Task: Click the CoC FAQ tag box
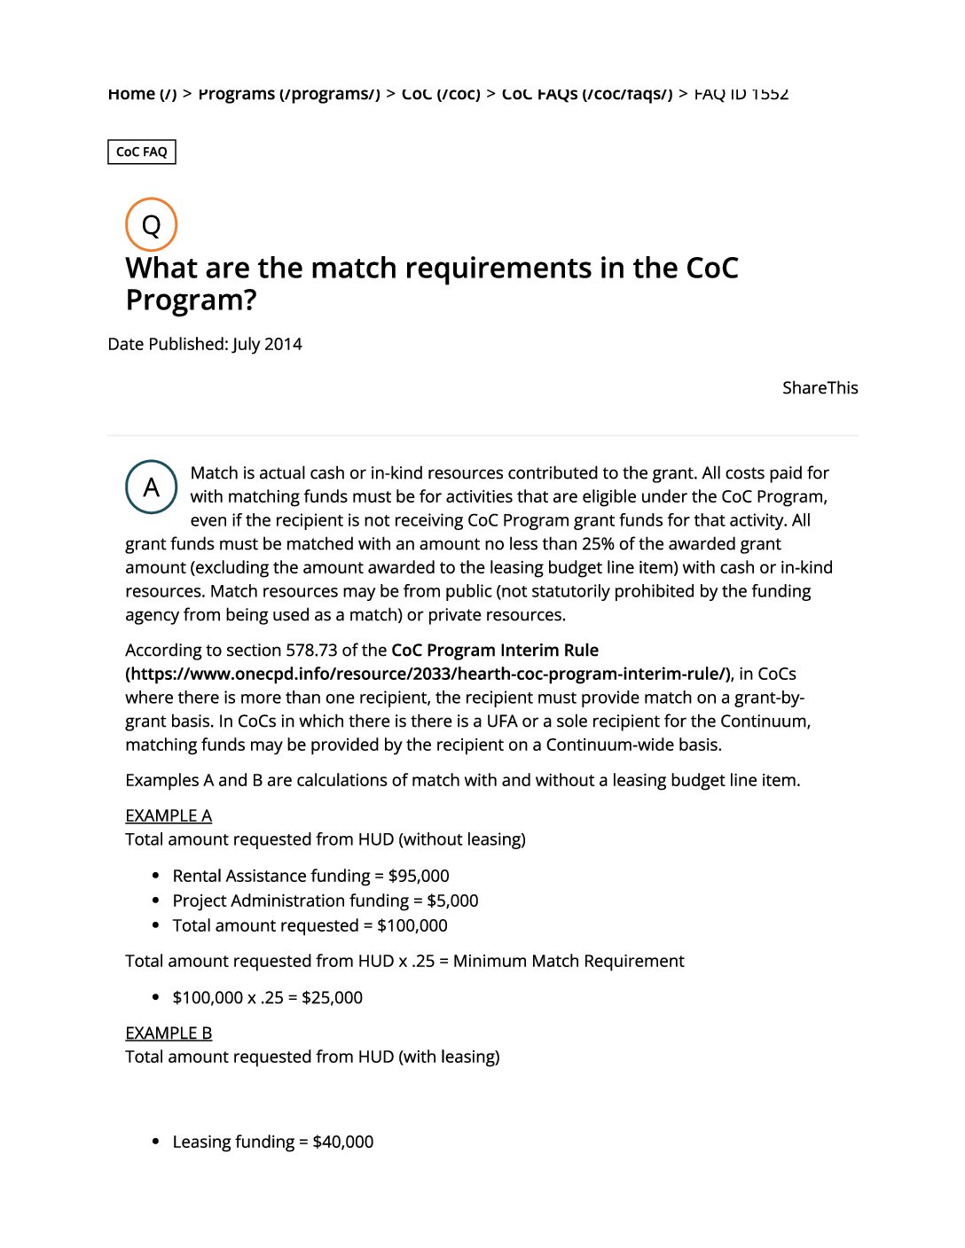pyautogui.click(x=142, y=152)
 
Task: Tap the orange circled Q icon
pyautogui.click(x=152, y=224)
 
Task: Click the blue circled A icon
pyautogui.click(x=152, y=487)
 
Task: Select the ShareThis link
pyautogui.click(x=820, y=387)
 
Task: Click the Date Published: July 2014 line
pyautogui.click(x=205, y=344)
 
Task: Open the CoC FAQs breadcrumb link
pyautogui.click(x=586, y=94)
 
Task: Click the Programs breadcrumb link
pyautogui.click(x=288, y=94)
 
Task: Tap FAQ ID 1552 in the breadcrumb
pyautogui.click(x=741, y=94)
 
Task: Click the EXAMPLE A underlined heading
pyautogui.click(x=169, y=815)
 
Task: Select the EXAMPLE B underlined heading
pyautogui.click(x=169, y=1033)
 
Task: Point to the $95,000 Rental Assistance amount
pyautogui.click(x=419, y=876)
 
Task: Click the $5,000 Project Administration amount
pyautogui.click(x=452, y=901)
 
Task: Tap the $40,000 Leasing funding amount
pyautogui.click(x=343, y=1142)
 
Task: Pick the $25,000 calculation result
pyautogui.click(x=332, y=997)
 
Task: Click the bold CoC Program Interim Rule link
pyautogui.click(x=494, y=651)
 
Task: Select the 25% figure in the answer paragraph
pyautogui.click(x=598, y=543)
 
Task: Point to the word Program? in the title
pyautogui.click(x=191, y=300)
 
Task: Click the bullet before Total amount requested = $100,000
pyautogui.click(x=156, y=925)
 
